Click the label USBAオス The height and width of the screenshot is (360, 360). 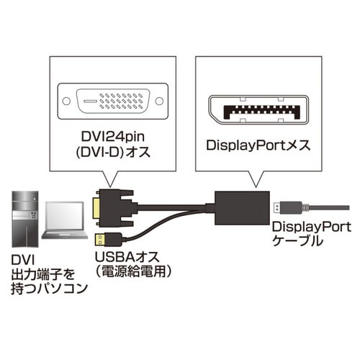pyautogui.click(x=122, y=257)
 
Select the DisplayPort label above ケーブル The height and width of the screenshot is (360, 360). pyautogui.click(x=303, y=228)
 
